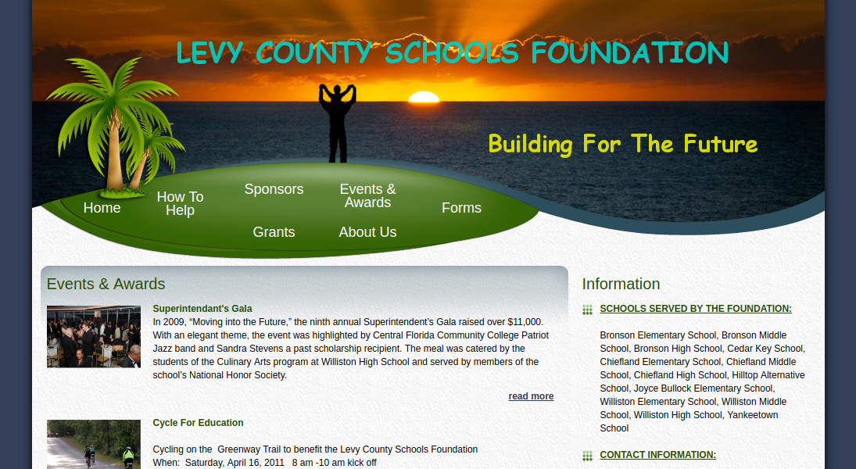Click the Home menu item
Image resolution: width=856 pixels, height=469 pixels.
click(x=102, y=208)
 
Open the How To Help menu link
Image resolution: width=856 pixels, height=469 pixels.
click(x=180, y=204)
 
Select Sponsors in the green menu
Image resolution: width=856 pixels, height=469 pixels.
click(x=274, y=189)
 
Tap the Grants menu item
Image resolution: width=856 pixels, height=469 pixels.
click(x=274, y=232)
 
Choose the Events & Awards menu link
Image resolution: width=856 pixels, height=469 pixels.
click(x=367, y=195)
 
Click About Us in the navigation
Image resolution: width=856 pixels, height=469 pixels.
click(x=367, y=232)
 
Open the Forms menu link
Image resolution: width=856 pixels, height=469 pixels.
click(x=461, y=208)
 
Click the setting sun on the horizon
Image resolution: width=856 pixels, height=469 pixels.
click(x=424, y=97)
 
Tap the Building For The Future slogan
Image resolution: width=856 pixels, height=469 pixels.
click(x=623, y=144)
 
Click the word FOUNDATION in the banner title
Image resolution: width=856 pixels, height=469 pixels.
click(x=629, y=53)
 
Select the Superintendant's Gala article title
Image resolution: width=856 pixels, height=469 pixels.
click(x=202, y=309)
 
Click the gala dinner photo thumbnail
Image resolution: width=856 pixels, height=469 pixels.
click(x=94, y=336)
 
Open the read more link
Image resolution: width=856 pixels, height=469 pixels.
click(x=531, y=396)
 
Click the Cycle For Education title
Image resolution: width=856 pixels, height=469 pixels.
click(x=198, y=423)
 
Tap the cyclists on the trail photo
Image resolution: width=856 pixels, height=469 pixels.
click(x=94, y=445)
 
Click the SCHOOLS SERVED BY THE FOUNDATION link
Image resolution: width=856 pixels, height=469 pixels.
click(x=696, y=309)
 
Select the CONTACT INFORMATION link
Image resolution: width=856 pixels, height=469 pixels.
click(x=658, y=455)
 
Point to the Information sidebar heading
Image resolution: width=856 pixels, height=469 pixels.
click(x=621, y=284)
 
